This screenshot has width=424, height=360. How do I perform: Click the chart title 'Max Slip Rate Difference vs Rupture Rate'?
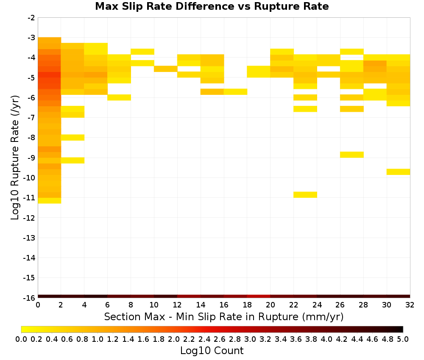click(212, 6)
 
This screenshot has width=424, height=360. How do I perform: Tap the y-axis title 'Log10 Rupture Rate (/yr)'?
click(15, 158)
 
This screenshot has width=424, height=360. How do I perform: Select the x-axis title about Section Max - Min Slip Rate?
click(223, 316)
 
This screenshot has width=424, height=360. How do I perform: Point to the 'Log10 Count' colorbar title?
click(212, 351)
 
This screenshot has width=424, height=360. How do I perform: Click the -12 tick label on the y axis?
click(29, 218)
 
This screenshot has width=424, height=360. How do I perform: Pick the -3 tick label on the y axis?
click(31, 38)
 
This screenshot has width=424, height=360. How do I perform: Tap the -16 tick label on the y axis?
click(29, 298)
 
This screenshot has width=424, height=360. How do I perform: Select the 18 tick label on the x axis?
click(247, 305)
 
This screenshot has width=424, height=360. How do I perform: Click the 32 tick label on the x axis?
click(410, 305)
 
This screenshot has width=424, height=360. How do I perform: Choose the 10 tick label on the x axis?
click(154, 305)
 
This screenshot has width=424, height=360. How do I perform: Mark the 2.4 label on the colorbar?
click(204, 339)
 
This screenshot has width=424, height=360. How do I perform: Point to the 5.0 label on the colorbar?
click(403, 339)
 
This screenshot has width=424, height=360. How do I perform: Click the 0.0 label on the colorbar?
click(21, 339)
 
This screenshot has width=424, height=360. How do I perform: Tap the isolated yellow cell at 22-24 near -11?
click(305, 194)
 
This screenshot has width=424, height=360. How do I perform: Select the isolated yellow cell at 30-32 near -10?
click(398, 172)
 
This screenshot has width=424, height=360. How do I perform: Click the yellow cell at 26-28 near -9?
click(352, 155)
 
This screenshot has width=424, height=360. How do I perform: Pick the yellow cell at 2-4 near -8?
click(73, 138)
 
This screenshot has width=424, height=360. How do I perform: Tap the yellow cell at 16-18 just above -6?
click(235, 92)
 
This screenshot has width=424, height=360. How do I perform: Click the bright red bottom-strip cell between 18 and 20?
click(259, 296)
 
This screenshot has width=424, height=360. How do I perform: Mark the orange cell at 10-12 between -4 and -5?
click(166, 69)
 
